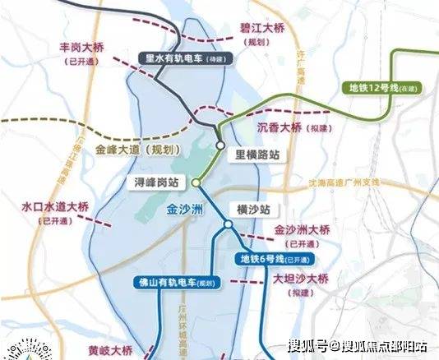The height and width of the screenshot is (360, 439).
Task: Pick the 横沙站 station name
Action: tap(252, 209)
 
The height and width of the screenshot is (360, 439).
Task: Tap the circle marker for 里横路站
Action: tap(220, 145)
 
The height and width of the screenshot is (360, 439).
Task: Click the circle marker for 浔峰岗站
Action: tap(196, 182)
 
